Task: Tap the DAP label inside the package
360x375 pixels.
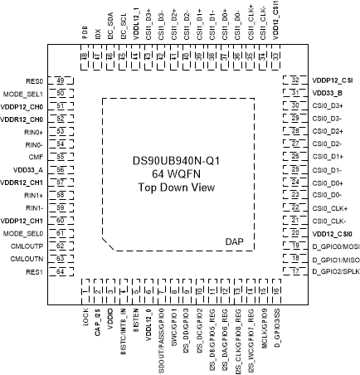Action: click(237, 241)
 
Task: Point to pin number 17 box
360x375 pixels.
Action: click(296, 272)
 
